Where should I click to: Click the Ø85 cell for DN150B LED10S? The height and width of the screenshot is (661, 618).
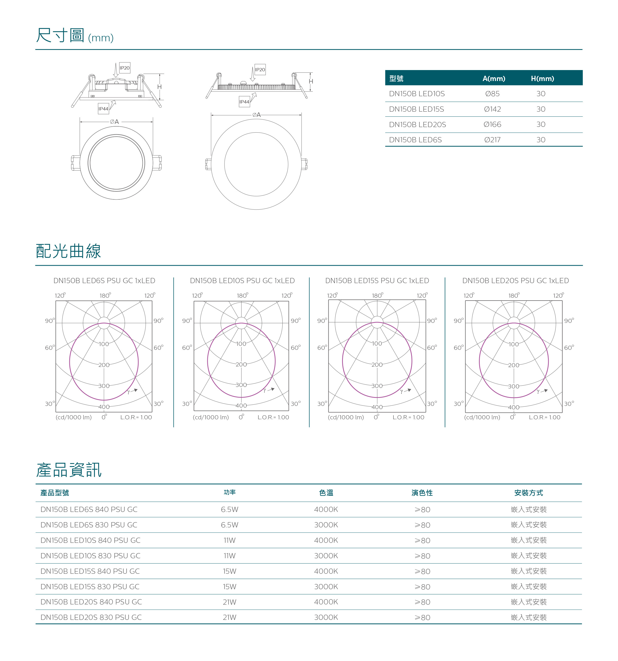pos(492,94)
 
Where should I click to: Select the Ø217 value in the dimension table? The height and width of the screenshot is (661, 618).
pos(492,140)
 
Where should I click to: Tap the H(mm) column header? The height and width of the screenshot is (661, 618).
pos(542,79)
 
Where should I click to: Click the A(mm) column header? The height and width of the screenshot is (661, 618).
pos(494,79)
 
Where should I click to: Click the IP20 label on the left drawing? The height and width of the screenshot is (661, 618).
pos(125,68)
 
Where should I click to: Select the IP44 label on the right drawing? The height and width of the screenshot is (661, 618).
pos(244,102)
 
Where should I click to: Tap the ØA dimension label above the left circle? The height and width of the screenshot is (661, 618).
pos(114,122)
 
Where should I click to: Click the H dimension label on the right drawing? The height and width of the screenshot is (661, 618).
pos(311,82)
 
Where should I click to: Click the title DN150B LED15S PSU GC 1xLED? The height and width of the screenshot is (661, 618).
pos(377,281)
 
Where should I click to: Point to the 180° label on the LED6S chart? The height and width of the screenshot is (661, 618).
pos(105,295)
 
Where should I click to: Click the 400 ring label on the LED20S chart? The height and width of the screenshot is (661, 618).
pos(514,407)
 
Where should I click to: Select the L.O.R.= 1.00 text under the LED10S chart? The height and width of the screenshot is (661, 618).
pos(273,417)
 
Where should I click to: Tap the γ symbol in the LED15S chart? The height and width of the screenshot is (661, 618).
pos(402,392)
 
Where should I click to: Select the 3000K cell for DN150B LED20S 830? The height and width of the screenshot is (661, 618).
pos(326,617)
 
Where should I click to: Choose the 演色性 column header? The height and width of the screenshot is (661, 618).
pos(422,493)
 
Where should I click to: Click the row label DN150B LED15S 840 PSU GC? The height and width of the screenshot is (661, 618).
pos(90,571)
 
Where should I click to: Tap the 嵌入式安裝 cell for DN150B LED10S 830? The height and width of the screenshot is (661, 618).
pos(529,556)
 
